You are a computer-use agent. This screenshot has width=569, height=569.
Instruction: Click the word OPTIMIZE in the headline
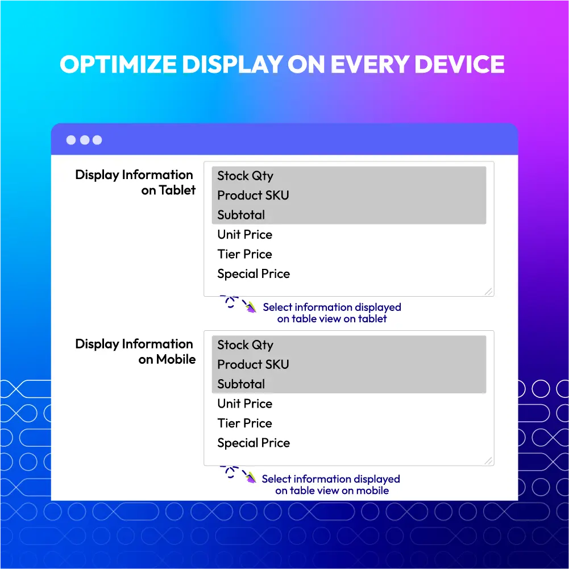(x=118, y=64)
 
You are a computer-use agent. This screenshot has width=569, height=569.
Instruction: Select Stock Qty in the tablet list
(x=245, y=176)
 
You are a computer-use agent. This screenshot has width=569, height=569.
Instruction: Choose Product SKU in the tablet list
(x=253, y=195)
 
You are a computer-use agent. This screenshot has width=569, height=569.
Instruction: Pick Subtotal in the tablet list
(x=241, y=215)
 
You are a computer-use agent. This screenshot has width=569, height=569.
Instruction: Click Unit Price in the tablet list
(x=244, y=234)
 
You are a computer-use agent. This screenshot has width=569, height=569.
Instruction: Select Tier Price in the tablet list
(x=244, y=254)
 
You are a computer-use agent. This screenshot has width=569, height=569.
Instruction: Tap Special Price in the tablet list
(x=254, y=274)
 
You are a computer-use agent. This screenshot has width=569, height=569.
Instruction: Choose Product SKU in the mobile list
(x=253, y=364)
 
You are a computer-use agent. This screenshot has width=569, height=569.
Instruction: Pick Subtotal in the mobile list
(x=241, y=384)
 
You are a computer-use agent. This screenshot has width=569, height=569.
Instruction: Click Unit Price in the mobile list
(x=244, y=404)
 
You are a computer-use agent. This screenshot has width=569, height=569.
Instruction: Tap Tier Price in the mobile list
(x=244, y=423)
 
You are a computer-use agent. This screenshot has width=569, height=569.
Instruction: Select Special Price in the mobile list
(x=254, y=443)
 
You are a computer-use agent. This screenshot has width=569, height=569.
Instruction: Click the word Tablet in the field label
(x=177, y=190)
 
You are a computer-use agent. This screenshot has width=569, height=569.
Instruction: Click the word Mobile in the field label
(x=176, y=359)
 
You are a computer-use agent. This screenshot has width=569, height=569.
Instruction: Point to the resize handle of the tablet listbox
(x=488, y=292)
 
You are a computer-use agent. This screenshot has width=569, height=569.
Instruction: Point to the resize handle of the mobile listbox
(x=488, y=460)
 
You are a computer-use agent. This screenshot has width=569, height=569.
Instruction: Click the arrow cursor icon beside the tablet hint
(x=250, y=308)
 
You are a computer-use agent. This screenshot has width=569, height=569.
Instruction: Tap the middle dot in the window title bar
(x=85, y=140)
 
